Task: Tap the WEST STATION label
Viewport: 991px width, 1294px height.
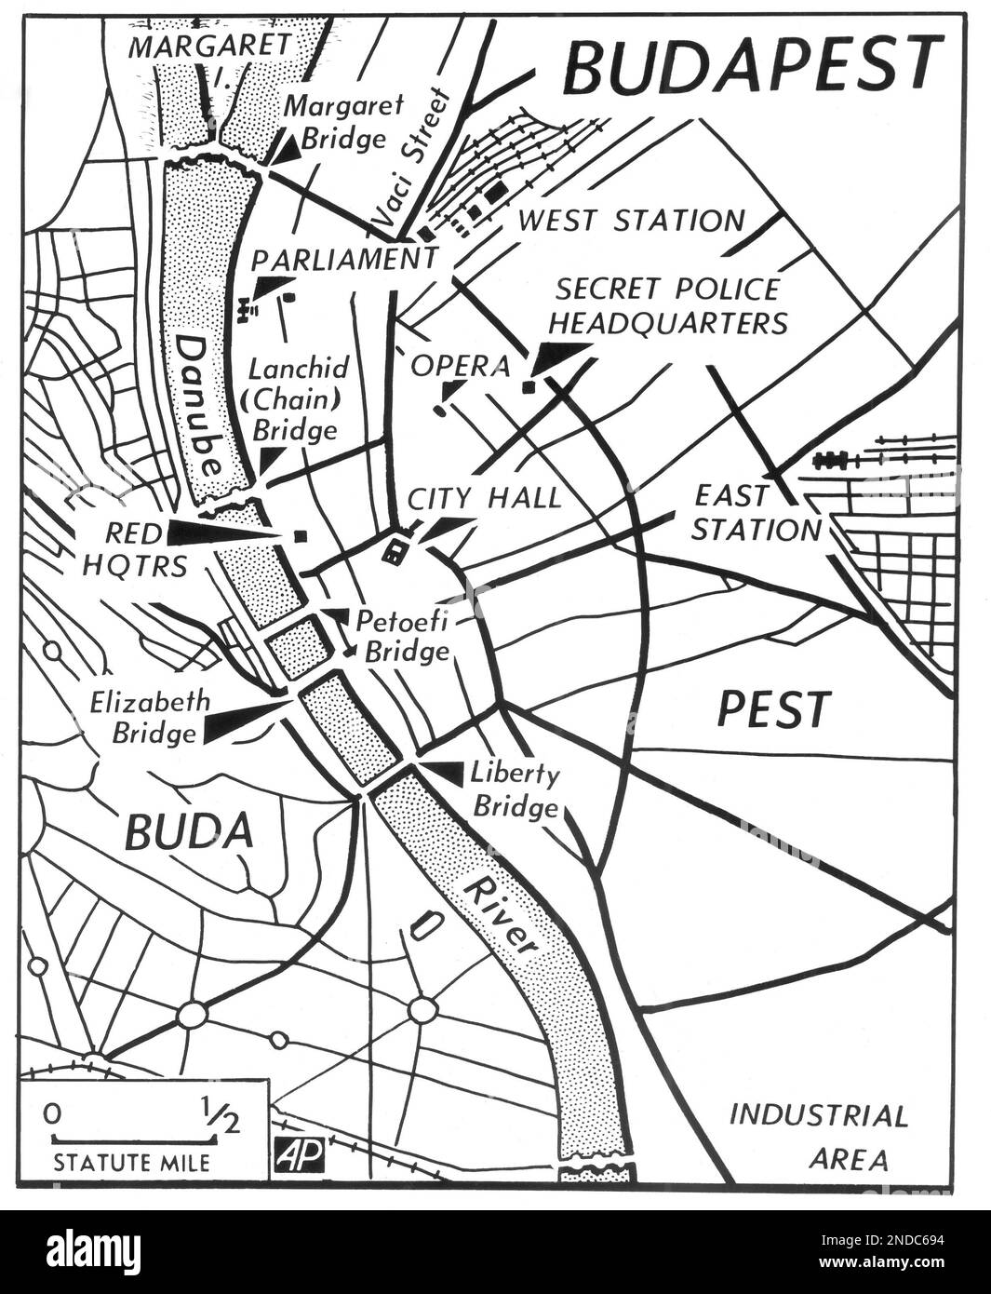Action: click(x=632, y=221)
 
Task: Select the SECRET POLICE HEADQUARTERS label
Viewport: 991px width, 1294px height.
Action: click(x=667, y=305)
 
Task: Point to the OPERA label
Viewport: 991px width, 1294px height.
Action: click(x=461, y=366)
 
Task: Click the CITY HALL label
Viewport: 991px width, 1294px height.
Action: click(x=485, y=498)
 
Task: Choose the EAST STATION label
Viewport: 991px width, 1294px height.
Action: click(x=756, y=512)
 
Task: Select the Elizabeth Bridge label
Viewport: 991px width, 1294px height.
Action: click(x=150, y=717)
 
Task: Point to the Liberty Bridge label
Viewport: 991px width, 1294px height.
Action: click(x=516, y=789)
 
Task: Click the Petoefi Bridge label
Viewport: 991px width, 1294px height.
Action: click(x=407, y=635)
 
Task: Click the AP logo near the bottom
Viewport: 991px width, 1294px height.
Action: click(x=299, y=1154)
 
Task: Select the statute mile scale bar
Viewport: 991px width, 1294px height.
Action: click(x=134, y=1138)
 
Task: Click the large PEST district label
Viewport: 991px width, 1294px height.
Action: click(x=773, y=709)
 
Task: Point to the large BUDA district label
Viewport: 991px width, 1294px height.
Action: click(x=188, y=830)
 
